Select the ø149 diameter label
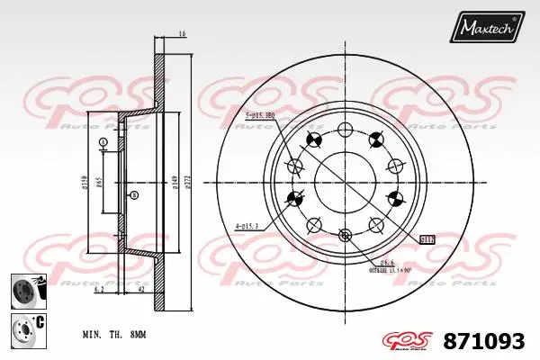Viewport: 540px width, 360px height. pos(173,181)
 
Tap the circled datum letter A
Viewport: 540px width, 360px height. pos(103,143)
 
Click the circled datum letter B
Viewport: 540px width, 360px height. pos(134,195)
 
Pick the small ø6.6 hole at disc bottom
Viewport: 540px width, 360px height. pos(345,236)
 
